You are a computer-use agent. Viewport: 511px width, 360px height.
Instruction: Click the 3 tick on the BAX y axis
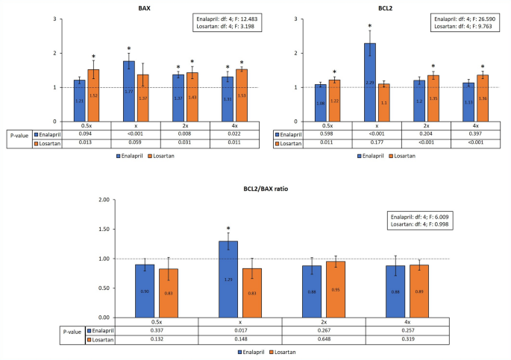point(56,18)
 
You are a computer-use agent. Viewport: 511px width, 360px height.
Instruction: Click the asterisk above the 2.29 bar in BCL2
point(369,26)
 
